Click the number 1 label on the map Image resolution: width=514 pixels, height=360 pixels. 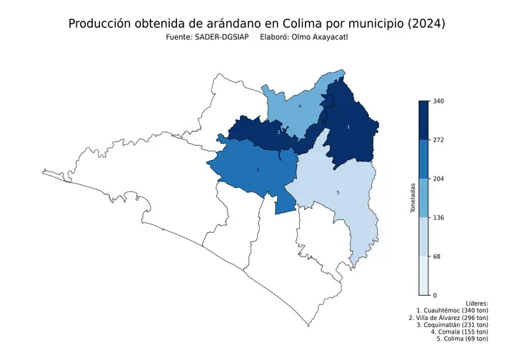348,126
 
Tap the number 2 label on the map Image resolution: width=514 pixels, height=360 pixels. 278,132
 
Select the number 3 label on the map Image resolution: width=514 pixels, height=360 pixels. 257,170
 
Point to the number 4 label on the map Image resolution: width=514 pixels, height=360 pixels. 299,106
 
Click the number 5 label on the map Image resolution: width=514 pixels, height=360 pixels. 338,193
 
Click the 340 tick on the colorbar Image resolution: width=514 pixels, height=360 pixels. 439,101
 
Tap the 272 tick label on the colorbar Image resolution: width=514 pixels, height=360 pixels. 439,140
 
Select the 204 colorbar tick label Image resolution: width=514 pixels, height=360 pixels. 439,179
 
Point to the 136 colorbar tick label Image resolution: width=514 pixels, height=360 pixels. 439,217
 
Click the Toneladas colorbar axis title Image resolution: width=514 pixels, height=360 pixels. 413,198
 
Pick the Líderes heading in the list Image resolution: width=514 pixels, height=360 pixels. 475,304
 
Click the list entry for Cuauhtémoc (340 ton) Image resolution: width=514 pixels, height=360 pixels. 452,311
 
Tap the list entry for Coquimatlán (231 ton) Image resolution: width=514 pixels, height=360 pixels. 452,325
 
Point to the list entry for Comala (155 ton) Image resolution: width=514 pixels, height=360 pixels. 460,332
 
